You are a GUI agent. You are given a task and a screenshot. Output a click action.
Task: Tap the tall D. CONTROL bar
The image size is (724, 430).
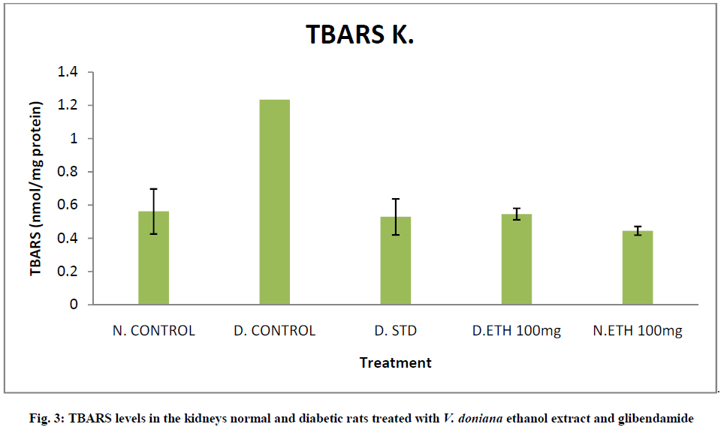tap(274, 202)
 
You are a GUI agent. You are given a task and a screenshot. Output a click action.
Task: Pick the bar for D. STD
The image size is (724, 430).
tap(395, 260)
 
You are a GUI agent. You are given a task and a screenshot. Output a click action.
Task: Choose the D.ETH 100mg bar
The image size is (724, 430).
tap(517, 259)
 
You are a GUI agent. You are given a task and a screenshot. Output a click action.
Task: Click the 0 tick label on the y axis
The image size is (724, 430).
tap(74, 305)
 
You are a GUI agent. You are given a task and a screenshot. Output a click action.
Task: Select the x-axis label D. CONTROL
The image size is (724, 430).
tap(274, 331)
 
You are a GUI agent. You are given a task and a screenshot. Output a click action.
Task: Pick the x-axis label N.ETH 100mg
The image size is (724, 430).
tap(638, 331)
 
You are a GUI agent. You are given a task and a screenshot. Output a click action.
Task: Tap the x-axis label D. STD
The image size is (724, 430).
tap(395, 331)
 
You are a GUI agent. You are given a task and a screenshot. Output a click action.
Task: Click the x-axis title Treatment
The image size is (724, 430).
tap(395, 363)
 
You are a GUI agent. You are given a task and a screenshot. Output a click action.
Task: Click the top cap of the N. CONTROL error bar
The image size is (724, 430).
tap(153, 189)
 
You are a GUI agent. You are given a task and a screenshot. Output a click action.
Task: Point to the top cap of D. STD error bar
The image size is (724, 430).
tap(395, 199)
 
